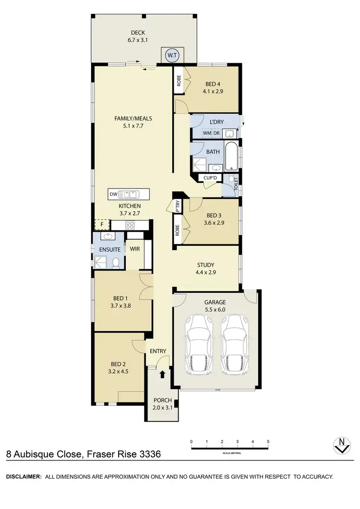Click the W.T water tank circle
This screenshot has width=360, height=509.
tap(171, 56)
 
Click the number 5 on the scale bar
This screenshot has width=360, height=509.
tap(268, 441)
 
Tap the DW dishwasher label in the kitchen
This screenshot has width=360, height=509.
tap(113, 194)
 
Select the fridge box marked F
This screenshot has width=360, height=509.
tap(102, 225)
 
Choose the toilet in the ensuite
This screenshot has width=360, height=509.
tap(116, 262)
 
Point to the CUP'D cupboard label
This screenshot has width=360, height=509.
tap(211, 178)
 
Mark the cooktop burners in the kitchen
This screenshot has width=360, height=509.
tap(130, 225)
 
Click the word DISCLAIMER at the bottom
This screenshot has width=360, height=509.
tap(23, 477)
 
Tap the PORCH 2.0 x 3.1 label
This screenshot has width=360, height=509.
tap(162, 404)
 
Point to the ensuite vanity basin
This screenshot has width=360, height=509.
tap(106, 237)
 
